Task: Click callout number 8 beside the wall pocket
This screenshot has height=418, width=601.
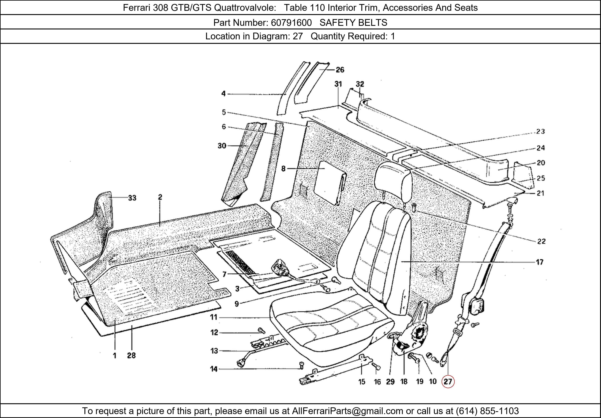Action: (x=283, y=169)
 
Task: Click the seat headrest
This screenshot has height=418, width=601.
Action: (x=393, y=180)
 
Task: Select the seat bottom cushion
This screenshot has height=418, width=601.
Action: (x=330, y=327)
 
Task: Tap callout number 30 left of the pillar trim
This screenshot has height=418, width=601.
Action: (x=222, y=146)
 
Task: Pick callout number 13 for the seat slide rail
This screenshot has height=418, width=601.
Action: (x=214, y=351)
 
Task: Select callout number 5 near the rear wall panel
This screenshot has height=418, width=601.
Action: (x=224, y=112)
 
